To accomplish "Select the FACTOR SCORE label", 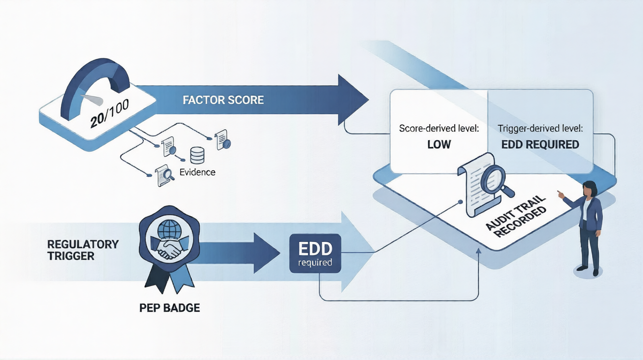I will pyautogui.click(x=223, y=101).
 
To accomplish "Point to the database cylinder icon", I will pyautogui.click(x=197, y=156).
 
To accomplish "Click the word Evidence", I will pyautogui.click(x=197, y=172).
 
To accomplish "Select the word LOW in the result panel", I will pyautogui.click(x=439, y=144).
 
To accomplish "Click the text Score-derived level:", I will pyautogui.click(x=439, y=129).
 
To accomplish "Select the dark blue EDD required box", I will pyautogui.click(x=315, y=254).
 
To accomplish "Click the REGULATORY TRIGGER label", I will pyautogui.click(x=82, y=250).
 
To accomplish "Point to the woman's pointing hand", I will pyautogui.click(x=561, y=194).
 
